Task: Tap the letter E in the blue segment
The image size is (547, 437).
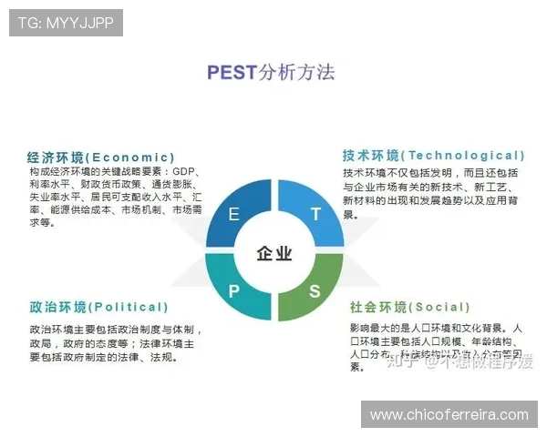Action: (234, 215)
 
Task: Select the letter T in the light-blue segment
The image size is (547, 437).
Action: (315, 215)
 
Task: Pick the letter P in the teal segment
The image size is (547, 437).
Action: (234, 291)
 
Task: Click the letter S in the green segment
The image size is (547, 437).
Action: (315, 291)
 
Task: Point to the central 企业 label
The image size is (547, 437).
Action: (274, 253)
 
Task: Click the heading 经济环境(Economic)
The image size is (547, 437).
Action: (101, 157)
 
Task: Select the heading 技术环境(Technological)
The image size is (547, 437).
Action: (434, 156)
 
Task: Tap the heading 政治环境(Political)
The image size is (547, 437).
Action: (98, 307)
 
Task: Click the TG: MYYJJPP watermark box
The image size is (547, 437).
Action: (66, 23)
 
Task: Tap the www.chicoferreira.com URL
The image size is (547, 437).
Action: (449, 415)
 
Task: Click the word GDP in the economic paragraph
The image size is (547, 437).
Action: (184, 171)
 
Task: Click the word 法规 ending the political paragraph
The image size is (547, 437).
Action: (161, 357)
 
